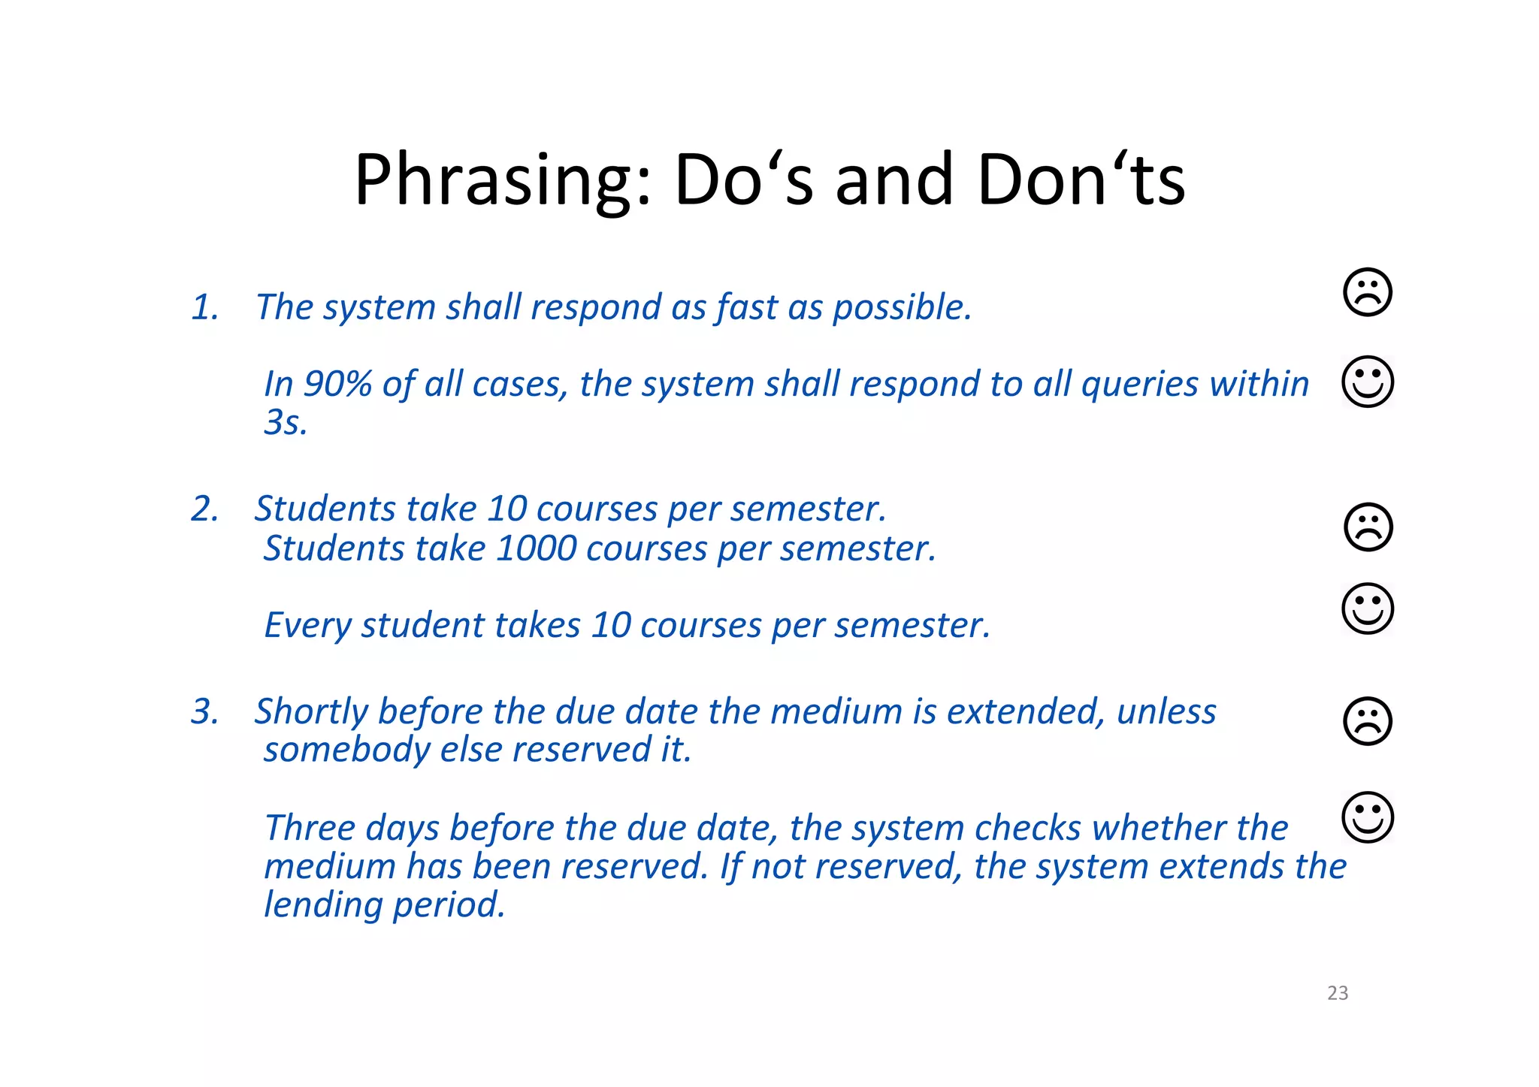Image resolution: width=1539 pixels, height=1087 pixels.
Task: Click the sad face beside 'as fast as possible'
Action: click(1367, 292)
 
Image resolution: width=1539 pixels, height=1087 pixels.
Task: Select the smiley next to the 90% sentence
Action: click(1367, 382)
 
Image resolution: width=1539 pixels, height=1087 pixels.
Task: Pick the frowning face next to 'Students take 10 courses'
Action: click(1367, 527)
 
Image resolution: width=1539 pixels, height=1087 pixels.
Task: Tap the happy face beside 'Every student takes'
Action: click(1367, 608)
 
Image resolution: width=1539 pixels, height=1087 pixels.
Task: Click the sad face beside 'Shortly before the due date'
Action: click(1367, 721)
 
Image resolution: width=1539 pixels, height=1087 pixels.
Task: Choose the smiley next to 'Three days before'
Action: click(1367, 817)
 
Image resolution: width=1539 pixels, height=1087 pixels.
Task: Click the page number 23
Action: click(1338, 993)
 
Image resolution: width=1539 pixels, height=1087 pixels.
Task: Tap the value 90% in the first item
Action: click(337, 384)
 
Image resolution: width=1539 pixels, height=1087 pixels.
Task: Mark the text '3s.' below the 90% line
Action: click(286, 423)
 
